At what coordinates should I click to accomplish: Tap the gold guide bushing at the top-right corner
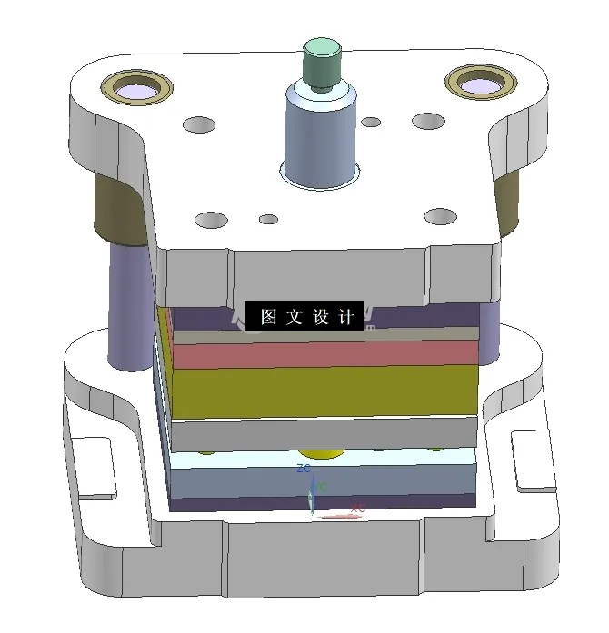[x=479, y=83]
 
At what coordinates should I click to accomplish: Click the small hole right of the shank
[x=371, y=122]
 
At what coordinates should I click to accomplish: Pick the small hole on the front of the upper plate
[x=268, y=219]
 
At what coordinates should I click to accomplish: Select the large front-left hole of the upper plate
[x=211, y=220]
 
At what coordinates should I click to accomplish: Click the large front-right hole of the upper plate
[x=441, y=216]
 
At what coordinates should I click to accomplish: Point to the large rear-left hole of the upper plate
[x=199, y=124]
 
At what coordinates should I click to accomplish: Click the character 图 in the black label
[x=268, y=317]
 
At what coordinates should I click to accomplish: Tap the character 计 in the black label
[x=345, y=317]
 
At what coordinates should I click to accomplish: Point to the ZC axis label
[x=305, y=470]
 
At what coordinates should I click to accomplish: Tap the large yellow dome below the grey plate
[x=324, y=452]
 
